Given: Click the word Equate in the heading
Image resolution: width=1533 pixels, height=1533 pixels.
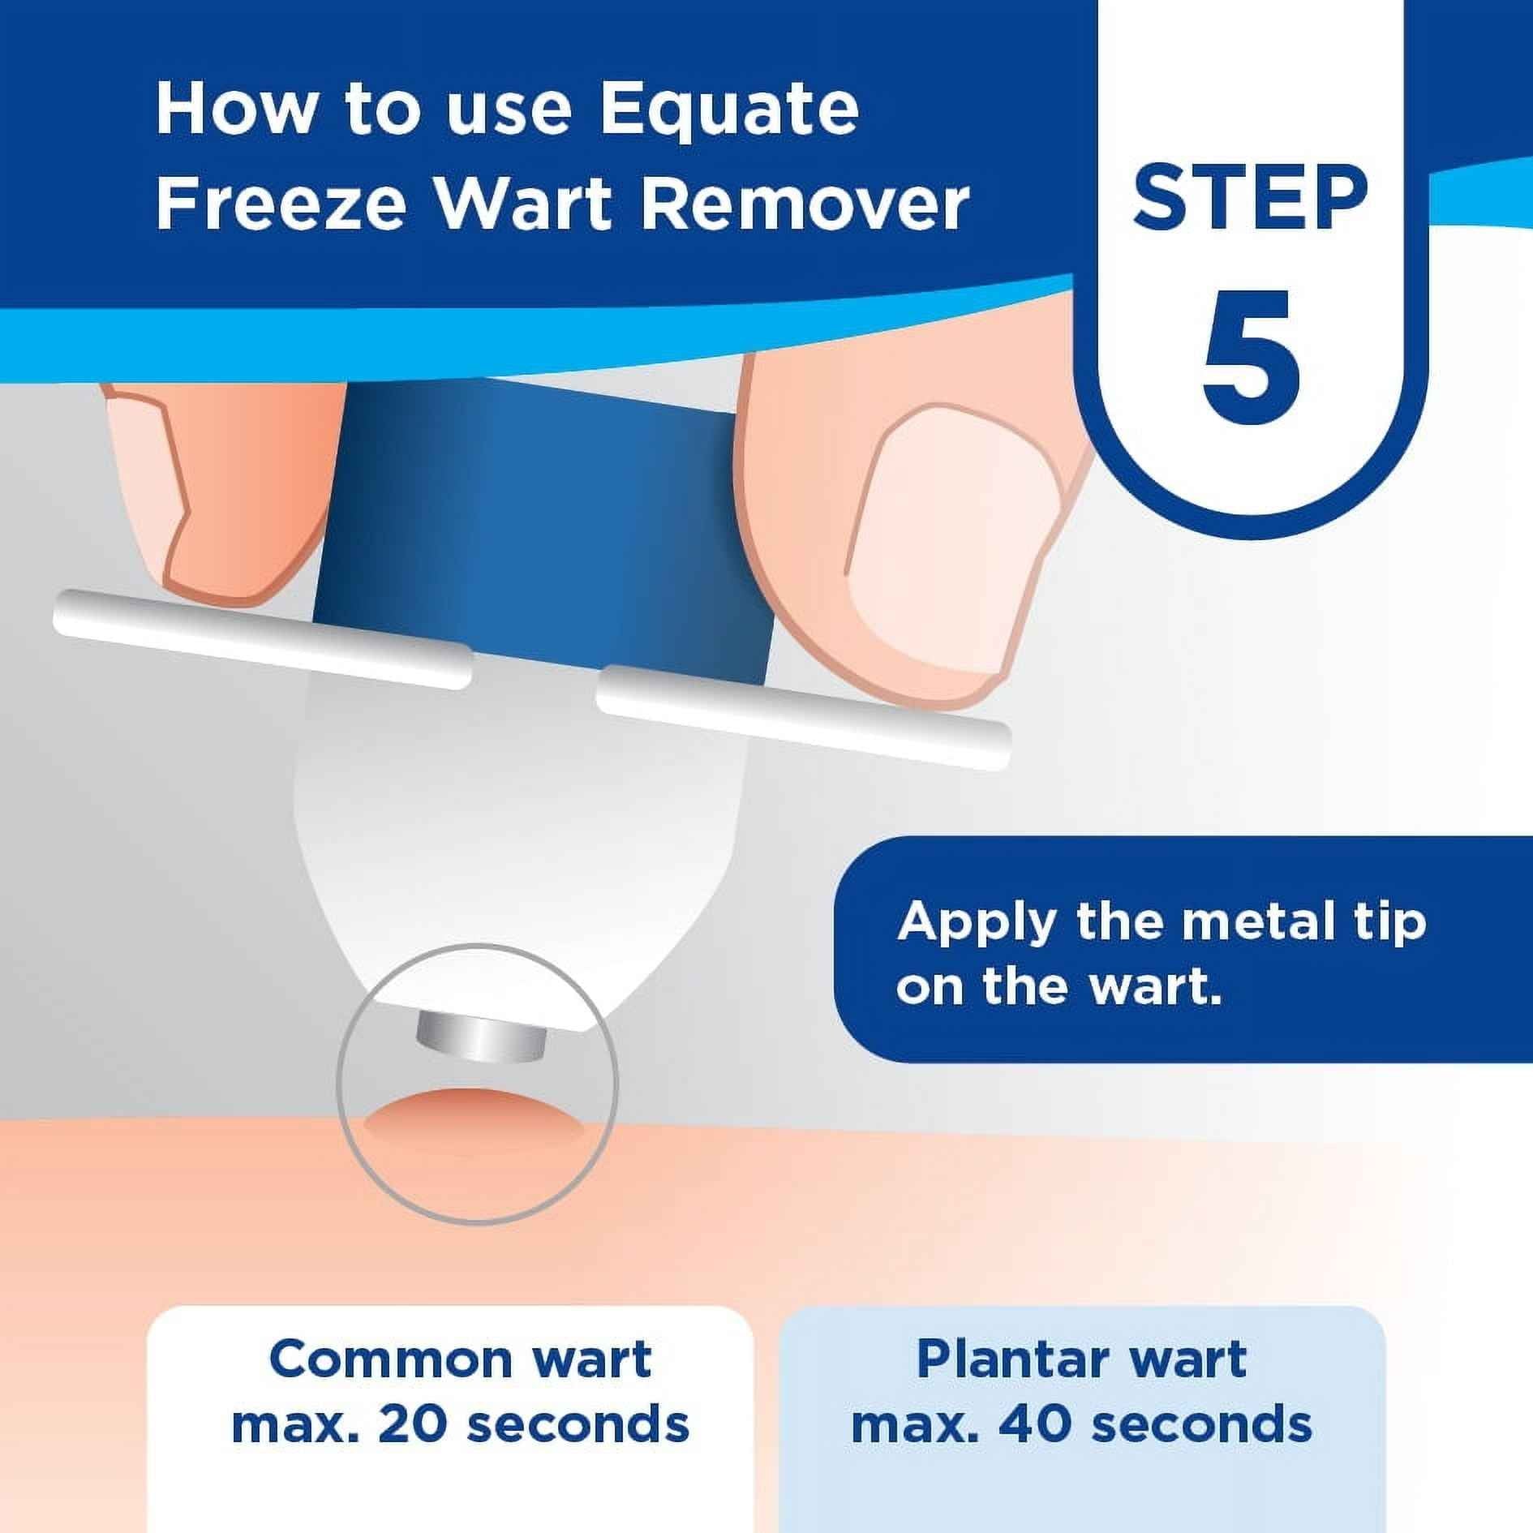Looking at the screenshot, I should tap(728, 110).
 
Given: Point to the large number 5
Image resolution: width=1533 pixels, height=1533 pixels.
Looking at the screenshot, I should tap(1250, 357).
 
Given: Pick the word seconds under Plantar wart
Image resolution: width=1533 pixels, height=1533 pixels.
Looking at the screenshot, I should tap(1200, 1423).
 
